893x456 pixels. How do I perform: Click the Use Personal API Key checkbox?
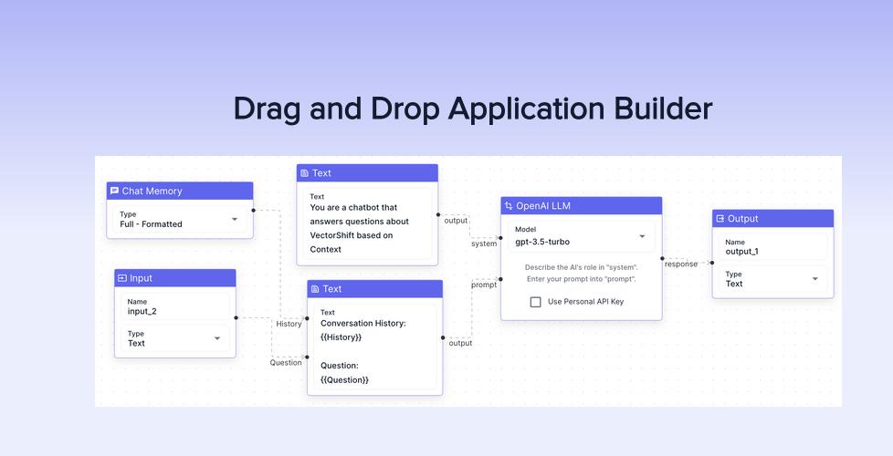(x=536, y=302)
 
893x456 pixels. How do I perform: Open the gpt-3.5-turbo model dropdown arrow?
(x=642, y=236)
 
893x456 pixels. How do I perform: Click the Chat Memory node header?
(x=179, y=191)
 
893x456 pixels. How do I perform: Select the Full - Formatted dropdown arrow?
(x=235, y=220)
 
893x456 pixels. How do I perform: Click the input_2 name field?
(x=174, y=306)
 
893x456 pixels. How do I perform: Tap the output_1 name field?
(x=772, y=246)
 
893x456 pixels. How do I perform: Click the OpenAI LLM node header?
(x=581, y=206)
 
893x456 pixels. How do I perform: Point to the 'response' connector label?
(x=680, y=264)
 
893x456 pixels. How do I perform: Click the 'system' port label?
(x=484, y=244)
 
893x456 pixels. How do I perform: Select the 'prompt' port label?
(x=484, y=285)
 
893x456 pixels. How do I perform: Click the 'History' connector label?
(x=289, y=324)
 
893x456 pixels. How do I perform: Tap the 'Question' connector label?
(x=286, y=362)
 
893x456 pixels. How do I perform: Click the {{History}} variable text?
(x=341, y=337)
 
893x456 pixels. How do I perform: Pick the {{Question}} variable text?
(x=344, y=379)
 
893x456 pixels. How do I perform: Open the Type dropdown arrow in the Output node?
(x=815, y=279)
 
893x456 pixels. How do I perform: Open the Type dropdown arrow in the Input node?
(x=217, y=338)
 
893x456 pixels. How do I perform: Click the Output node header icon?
(x=720, y=219)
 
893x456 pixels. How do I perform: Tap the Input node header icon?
(x=122, y=278)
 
